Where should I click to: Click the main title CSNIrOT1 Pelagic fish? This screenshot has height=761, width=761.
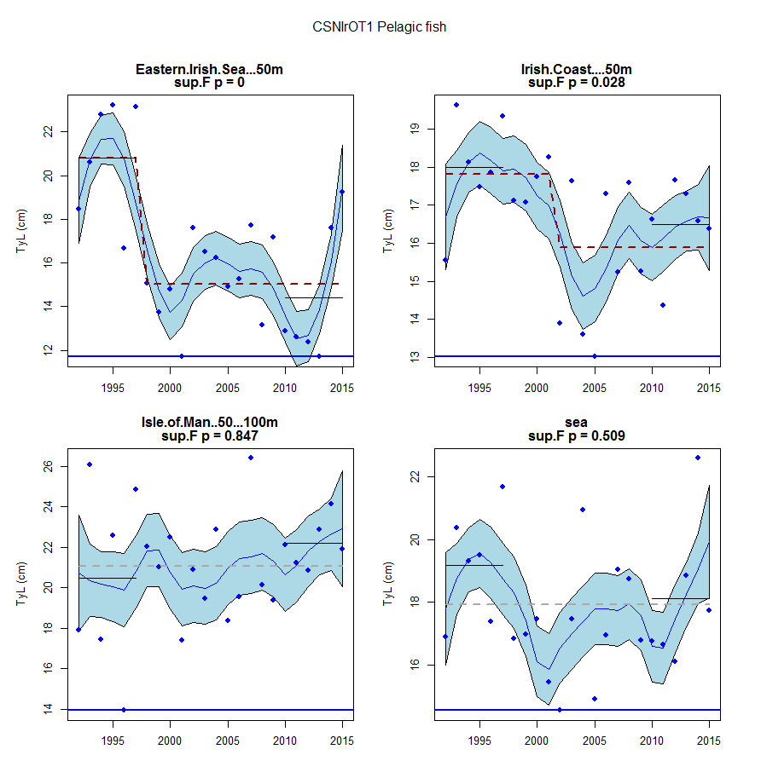(x=380, y=27)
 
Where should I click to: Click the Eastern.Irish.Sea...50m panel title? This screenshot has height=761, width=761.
(x=209, y=70)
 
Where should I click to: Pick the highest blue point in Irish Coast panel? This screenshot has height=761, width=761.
(x=456, y=105)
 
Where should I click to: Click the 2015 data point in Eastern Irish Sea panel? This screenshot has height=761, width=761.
(x=342, y=192)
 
